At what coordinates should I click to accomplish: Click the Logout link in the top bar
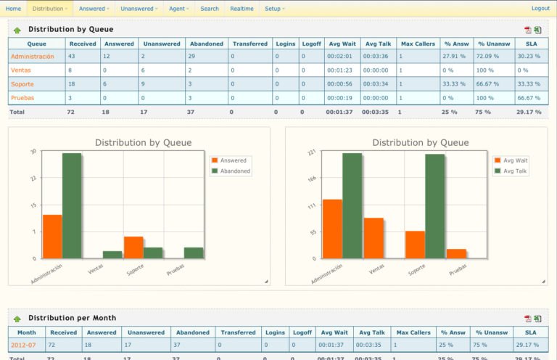(x=540, y=9)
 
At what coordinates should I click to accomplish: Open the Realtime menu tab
(x=242, y=9)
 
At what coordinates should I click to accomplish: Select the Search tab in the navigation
(x=210, y=9)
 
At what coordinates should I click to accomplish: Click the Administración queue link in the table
(x=33, y=56)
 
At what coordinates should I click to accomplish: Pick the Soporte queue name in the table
(x=22, y=83)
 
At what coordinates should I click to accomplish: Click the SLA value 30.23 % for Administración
(x=529, y=56)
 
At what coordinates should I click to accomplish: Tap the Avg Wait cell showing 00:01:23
(x=340, y=70)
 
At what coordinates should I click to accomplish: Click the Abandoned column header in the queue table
(x=206, y=44)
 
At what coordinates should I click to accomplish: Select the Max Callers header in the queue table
(x=418, y=44)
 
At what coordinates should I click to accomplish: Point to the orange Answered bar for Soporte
(x=133, y=247)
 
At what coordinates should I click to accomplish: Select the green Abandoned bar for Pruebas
(x=194, y=253)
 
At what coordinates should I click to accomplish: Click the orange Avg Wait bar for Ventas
(x=374, y=237)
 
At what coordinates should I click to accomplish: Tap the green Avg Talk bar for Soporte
(x=434, y=206)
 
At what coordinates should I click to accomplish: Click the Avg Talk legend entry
(x=513, y=171)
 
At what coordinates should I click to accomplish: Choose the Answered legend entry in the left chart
(x=232, y=160)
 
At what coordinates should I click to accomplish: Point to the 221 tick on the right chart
(x=313, y=152)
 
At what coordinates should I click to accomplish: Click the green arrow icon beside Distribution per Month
(x=17, y=319)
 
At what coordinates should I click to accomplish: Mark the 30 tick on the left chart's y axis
(x=33, y=152)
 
